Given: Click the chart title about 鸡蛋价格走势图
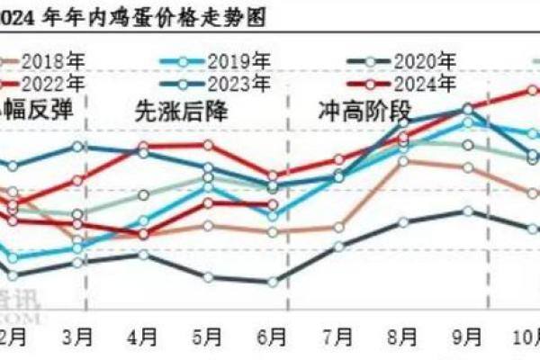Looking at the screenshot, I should [x=135, y=13].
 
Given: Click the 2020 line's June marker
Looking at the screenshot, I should [x=273, y=282].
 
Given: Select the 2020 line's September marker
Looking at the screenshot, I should [x=468, y=211].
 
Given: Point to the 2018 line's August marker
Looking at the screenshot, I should [x=403, y=161].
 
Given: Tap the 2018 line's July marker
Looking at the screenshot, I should [x=338, y=228].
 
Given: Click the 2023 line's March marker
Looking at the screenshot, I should [x=78, y=146].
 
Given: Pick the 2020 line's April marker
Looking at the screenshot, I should [x=143, y=255].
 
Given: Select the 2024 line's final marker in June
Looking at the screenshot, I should [x=273, y=204].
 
